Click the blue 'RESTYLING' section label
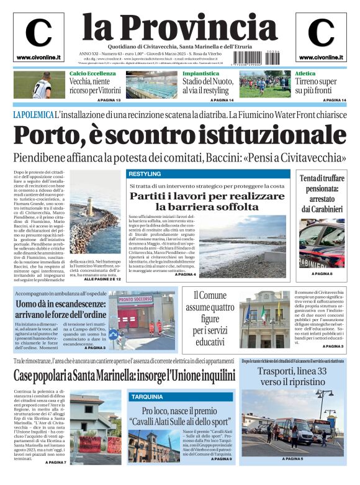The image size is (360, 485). coord(145,174)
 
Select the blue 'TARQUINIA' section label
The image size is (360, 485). coord(146,396)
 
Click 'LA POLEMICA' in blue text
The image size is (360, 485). coord(32,115)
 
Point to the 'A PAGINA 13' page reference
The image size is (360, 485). coord(108,100)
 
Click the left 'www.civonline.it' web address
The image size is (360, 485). coord(38,58)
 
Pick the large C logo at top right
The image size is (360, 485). coord(320,32)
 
